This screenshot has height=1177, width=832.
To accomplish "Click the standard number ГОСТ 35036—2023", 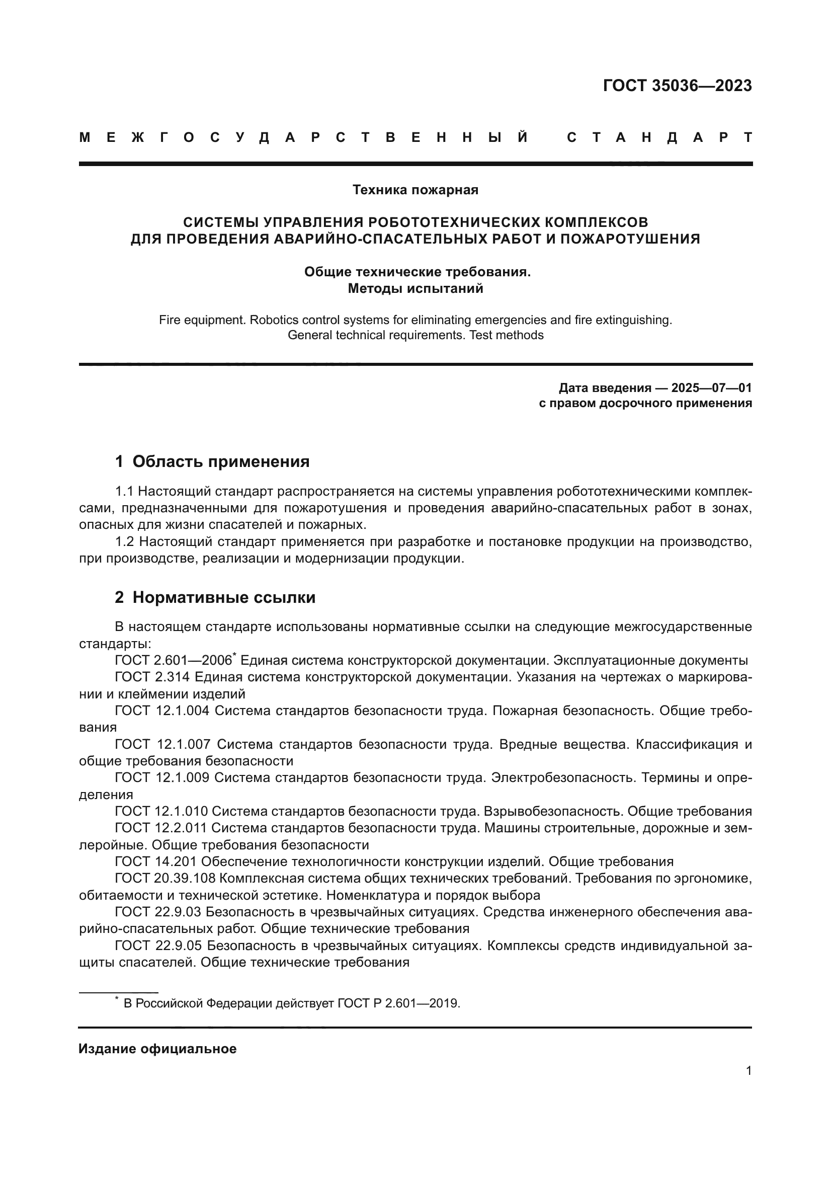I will (677, 86).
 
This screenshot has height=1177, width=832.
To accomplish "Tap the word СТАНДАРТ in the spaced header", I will (659, 137).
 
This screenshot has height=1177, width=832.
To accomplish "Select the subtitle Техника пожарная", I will (415, 190).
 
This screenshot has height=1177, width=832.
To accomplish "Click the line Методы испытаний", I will (415, 289).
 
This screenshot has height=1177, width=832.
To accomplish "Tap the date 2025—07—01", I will (712, 387).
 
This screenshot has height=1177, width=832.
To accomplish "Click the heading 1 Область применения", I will (212, 462).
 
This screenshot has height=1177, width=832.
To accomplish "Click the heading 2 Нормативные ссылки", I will (215, 598).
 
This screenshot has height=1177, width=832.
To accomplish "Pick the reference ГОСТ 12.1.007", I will (162, 744).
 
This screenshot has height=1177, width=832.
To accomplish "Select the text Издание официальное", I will (157, 1049).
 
